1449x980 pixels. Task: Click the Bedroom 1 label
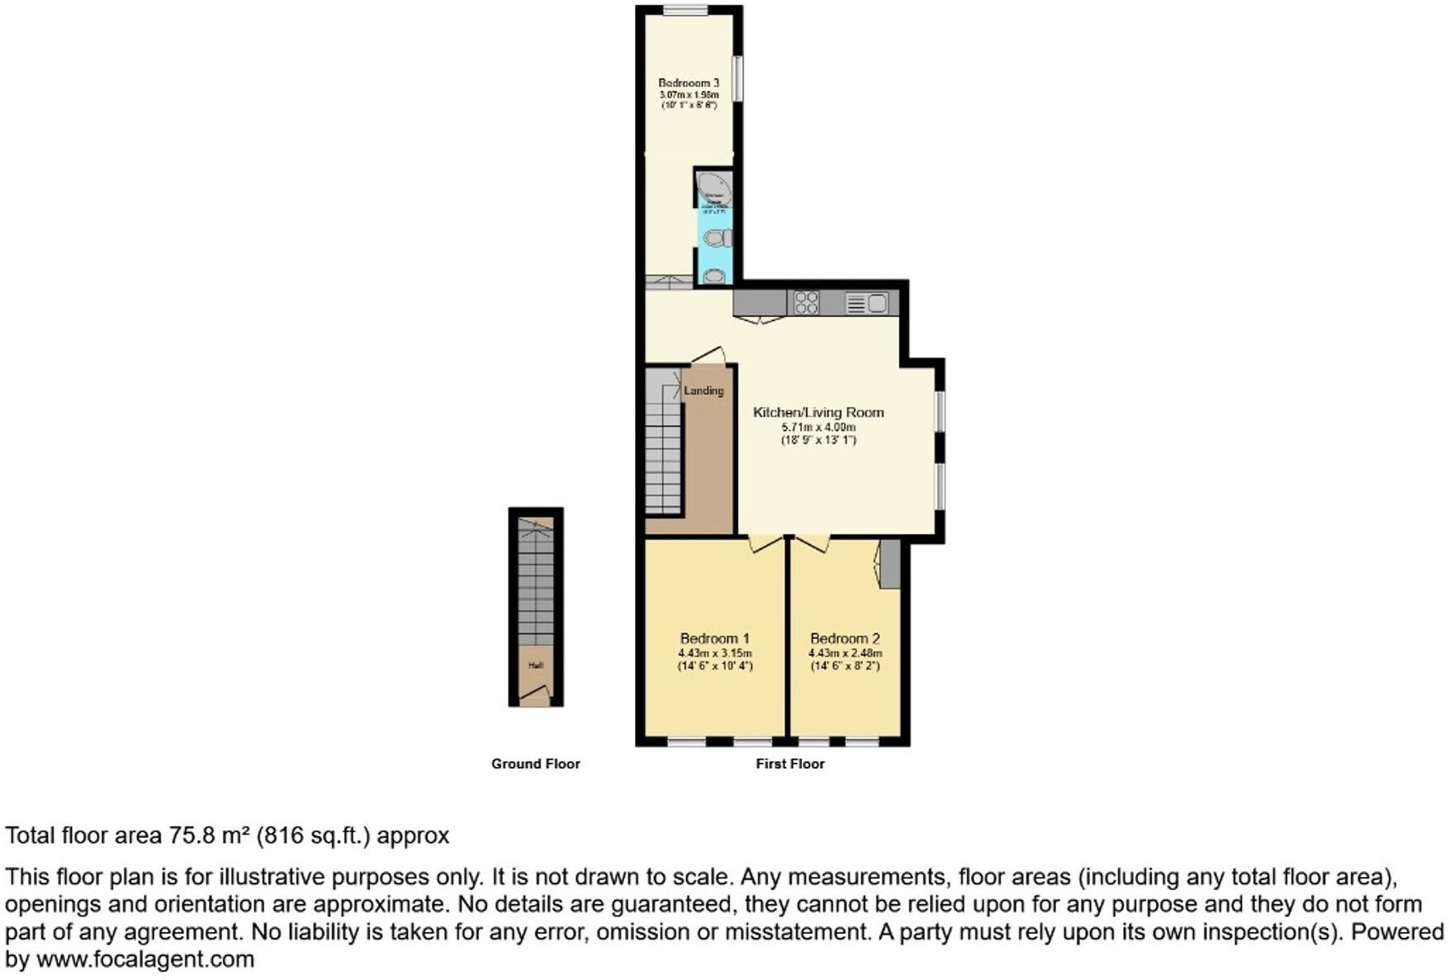coord(714,638)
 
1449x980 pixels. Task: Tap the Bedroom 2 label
coord(845,638)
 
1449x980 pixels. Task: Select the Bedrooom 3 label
coord(689,83)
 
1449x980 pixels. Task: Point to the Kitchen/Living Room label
coord(818,412)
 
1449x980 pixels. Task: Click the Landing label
coord(703,391)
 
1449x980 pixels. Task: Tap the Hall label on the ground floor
coord(536,665)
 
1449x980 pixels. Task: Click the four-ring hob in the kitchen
coord(806,303)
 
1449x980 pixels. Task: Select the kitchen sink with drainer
coord(866,304)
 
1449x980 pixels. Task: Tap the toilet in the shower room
coord(716,239)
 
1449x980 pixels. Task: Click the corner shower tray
coord(713,187)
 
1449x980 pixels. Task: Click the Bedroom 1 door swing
coord(765,543)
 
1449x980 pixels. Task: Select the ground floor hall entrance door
coord(535,694)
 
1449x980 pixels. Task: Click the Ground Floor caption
coord(535,764)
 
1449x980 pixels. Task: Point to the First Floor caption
coord(790,764)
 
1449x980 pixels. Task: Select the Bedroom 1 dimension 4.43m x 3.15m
coord(714,653)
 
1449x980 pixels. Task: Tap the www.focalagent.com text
coord(145,959)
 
